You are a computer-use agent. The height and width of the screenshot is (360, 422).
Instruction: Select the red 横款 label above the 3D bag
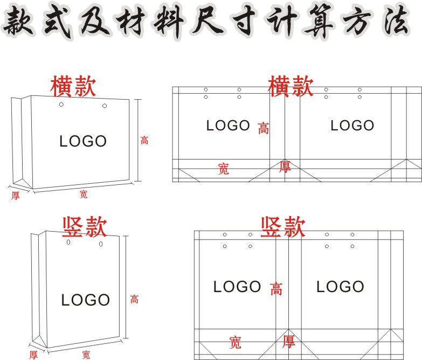73,86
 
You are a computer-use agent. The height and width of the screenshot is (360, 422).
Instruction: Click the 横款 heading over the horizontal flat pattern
290,86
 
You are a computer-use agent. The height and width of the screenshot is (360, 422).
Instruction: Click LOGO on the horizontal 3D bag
83,142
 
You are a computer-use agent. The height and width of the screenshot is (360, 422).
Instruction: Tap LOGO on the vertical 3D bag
85,300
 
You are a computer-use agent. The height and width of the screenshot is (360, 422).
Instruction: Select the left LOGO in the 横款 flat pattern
228,126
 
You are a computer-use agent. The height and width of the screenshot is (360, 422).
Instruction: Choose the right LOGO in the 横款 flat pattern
352,126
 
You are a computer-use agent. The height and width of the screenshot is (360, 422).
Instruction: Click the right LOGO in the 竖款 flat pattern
340,287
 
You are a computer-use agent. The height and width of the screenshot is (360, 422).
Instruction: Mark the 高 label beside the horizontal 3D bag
144,141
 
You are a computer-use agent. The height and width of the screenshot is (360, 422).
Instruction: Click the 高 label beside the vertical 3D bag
134,299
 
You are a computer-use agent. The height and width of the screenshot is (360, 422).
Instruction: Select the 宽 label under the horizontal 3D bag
83,195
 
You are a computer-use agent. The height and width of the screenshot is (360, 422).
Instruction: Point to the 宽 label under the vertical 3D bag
86,355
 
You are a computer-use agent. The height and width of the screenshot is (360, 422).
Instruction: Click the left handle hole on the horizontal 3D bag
61,105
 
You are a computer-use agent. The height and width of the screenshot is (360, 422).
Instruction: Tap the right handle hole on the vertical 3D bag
101,244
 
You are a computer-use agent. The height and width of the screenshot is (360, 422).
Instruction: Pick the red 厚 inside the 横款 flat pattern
285,167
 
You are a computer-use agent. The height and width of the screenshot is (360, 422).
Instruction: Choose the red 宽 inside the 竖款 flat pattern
235,342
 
